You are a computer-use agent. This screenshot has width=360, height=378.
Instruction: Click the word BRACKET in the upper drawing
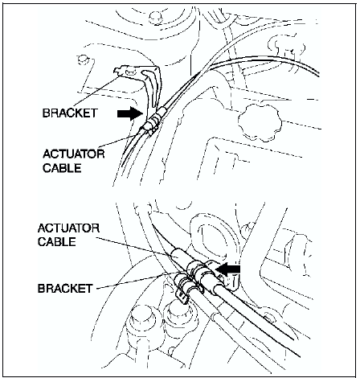pyautogui.click(x=70, y=113)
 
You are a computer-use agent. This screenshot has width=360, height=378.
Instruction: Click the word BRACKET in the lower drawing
pyautogui.click(x=65, y=289)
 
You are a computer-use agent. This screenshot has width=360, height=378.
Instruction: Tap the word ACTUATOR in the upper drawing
pyautogui.click(x=74, y=154)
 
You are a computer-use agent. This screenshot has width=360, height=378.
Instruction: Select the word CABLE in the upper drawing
pyautogui.click(x=62, y=168)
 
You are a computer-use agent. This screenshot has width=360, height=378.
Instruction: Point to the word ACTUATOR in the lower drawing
pyautogui.click(x=68, y=228)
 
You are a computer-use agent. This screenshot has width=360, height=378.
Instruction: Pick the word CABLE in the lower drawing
pyautogui.click(x=57, y=242)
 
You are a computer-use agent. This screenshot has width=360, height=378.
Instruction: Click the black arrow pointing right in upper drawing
pyautogui.click(x=129, y=113)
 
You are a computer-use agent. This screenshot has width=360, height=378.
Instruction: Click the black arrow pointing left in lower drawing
pyautogui.click(x=228, y=269)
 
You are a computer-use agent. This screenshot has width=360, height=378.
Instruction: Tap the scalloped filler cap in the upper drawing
pyautogui.click(x=260, y=122)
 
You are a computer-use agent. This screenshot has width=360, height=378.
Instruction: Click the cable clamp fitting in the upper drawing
pyautogui.click(x=152, y=124)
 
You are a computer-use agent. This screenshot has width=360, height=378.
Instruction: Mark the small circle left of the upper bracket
pyautogui.click(x=81, y=60)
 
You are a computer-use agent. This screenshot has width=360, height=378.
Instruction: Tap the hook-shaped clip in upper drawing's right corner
pyautogui.click(x=287, y=48)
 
